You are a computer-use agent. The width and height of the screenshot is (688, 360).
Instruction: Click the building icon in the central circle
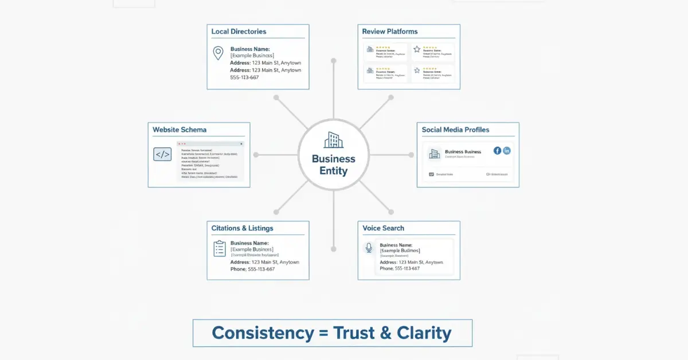pos(333,140)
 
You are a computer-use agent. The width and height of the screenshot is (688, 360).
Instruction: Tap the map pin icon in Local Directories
pos(218,53)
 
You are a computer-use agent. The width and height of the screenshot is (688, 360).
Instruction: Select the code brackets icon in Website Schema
pos(162,154)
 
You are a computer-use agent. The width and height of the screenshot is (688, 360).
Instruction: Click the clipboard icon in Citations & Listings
pos(220,248)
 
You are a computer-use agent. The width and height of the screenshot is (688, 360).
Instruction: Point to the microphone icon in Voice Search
pos(369,248)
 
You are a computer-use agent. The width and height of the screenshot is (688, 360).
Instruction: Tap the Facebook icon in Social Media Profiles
pos(497,151)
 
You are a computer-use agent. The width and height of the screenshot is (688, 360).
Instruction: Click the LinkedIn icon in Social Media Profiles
pos(506,151)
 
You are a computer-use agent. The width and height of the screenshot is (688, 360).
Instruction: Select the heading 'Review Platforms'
pos(390,32)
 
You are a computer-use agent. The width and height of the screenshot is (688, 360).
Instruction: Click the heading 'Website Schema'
pos(179,130)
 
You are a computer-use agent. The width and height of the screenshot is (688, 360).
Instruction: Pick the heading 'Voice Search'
pos(383,228)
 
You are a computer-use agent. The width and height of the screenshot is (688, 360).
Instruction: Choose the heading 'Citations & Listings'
pos(243,228)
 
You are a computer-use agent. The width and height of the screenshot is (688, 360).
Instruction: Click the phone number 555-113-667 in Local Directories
pos(244,77)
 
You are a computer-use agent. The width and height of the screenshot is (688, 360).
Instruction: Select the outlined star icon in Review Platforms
pos(417,49)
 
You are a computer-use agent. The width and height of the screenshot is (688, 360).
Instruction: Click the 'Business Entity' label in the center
pos(333,165)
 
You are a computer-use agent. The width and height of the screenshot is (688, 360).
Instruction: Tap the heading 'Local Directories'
pos(239,32)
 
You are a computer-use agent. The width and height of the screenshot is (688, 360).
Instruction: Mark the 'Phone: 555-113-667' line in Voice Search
pos(400,268)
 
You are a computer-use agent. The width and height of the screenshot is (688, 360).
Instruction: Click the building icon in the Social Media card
pos(435,154)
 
